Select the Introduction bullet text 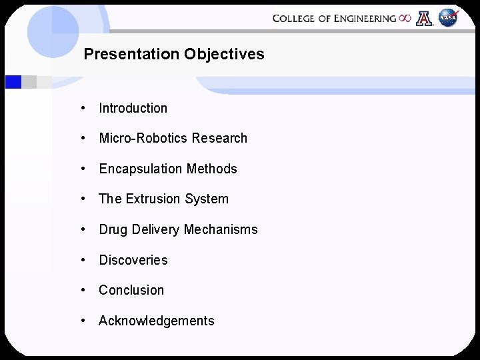(133, 108)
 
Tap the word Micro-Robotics (143, 138)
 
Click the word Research (219, 138)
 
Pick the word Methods (211, 169)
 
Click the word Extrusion (151, 199)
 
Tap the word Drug (113, 229)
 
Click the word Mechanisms (220, 229)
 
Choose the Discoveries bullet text (133, 260)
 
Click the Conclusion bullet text (131, 290)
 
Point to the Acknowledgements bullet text (156, 321)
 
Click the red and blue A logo (424, 19)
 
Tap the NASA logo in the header (448, 19)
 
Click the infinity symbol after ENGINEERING (405, 19)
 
